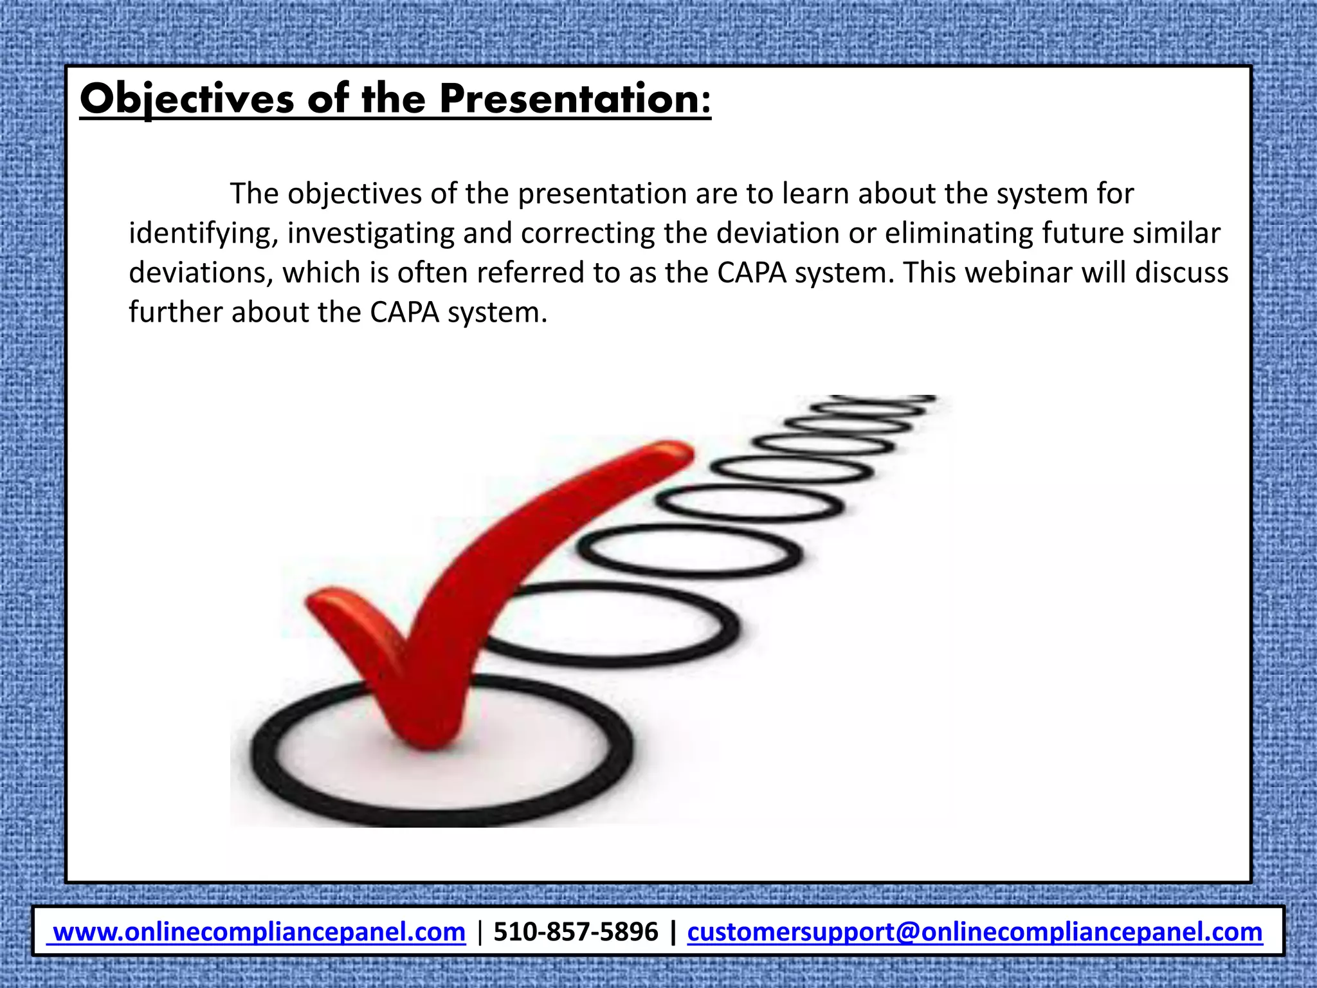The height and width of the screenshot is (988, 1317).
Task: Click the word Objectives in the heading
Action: click(186, 100)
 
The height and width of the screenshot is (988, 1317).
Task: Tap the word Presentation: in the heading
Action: click(576, 100)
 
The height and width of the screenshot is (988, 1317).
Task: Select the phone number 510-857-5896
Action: click(576, 932)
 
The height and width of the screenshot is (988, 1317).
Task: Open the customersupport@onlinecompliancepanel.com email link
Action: click(975, 932)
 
